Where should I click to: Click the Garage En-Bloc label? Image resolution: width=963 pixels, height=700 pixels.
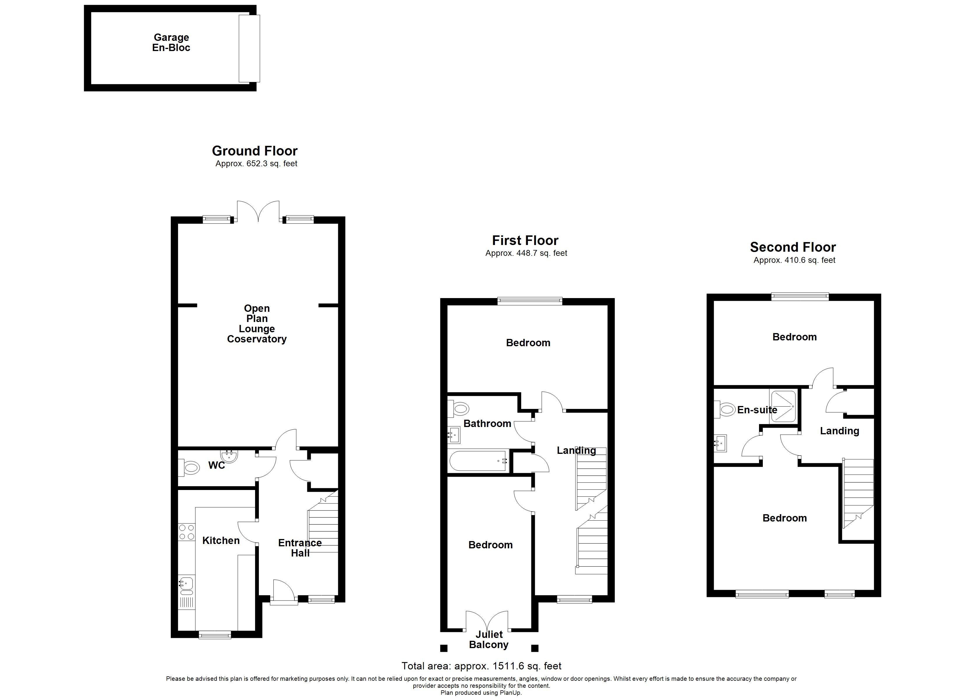[x=171, y=43]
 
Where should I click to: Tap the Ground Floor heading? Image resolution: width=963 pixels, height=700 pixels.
[x=254, y=151]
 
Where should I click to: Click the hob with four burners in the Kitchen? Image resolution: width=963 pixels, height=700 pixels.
[x=186, y=532]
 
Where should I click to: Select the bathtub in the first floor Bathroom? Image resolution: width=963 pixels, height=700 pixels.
[x=479, y=461]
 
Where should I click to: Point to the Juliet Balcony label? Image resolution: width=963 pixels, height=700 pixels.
[x=489, y=639]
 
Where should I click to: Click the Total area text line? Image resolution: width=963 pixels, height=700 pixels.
[x=481, y=666]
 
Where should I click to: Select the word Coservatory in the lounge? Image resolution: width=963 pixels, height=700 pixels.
[x=257, y=339]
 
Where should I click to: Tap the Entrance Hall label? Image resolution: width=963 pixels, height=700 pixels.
[x=300, y=548]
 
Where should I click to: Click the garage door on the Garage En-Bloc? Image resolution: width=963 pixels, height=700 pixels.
[x=249, y=48]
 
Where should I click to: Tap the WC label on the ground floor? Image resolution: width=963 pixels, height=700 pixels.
[x=216, y=465]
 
